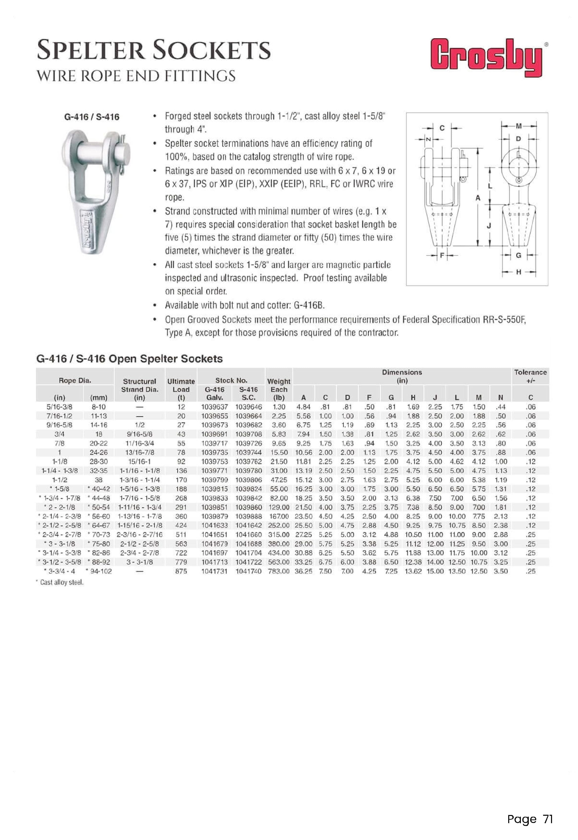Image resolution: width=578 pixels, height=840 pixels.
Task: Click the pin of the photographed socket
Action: pyautogui.click(x=98, y=148)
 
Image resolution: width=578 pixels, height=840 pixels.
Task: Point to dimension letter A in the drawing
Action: pyautogui.click(x=478, y=198)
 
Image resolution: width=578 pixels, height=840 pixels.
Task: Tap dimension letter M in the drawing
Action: pyautogui.click(x=519, y=126)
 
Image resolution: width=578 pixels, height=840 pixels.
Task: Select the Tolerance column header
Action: pyautogui.click(x=530, y=376)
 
